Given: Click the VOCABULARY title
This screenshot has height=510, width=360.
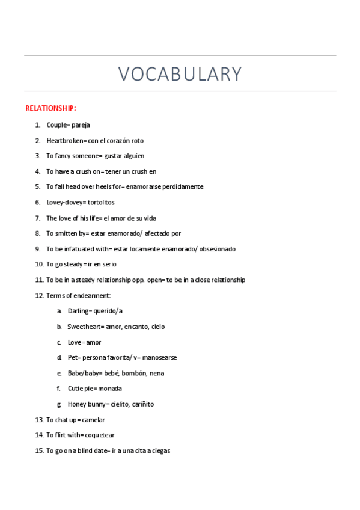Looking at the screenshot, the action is [x=180, y=73].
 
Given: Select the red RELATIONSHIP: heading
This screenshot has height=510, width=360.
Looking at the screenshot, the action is [x=50, y=108].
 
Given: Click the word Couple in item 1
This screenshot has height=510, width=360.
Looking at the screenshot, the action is [x=56, y=125].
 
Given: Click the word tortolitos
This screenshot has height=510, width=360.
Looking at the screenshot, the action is [x=101, y=203].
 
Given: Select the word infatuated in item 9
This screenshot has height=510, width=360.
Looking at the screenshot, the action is [x=79, y=249].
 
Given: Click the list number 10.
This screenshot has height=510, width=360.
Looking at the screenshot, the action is [x=39, y=265].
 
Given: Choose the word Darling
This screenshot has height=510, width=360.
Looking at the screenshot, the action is [x=78, y=312].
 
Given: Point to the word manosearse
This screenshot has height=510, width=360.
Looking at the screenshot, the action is [x=159, y=358].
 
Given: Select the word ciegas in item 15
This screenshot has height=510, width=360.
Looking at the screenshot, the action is [x=159, y=451].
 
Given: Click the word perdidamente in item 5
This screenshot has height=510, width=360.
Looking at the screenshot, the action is [x=182, y=187].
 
